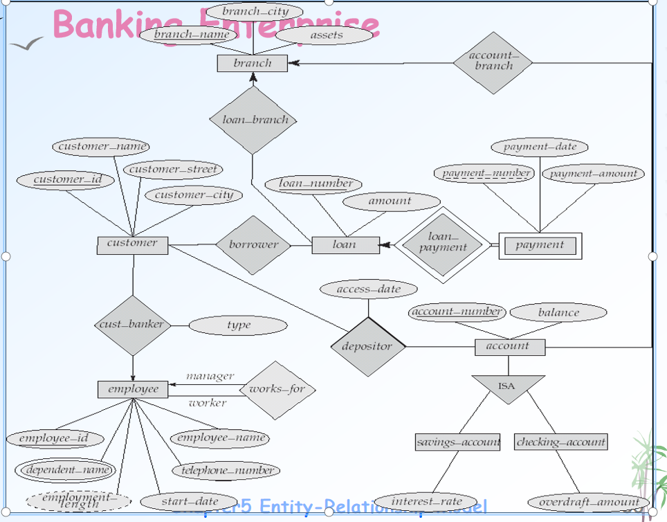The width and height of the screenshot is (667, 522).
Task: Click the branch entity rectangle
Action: [x=253, y=63]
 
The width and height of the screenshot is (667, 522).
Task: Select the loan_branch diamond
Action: [x=253, y=120]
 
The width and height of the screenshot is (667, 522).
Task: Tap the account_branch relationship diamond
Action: [x=493, y=62]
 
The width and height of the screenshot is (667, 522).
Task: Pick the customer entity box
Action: [x=132, y=244]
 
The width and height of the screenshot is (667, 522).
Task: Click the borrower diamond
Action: [x=253, y=245]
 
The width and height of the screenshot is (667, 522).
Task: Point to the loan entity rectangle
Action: [x=345, y=245]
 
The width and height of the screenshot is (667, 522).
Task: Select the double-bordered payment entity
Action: [x=540, y=245]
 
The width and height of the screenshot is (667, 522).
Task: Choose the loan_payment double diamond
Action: [x=444, y=244]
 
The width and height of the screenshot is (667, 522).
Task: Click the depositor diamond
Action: [x=367, y=347]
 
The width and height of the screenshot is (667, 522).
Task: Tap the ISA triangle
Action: [x=507, y=387]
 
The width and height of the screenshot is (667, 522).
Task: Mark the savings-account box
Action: [x=458, y=442]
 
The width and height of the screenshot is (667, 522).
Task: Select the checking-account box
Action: [x=561, y=442]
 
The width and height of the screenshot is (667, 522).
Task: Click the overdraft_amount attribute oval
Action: [x=589, y=503]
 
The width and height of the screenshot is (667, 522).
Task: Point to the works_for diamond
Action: [x=277, y=389]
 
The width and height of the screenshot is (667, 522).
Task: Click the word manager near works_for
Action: [x=210, y=376]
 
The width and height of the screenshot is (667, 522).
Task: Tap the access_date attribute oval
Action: [x=369, y=289]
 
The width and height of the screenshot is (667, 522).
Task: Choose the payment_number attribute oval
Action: [x=484, y=173]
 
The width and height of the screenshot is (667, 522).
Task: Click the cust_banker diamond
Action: [x=132, y=324]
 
